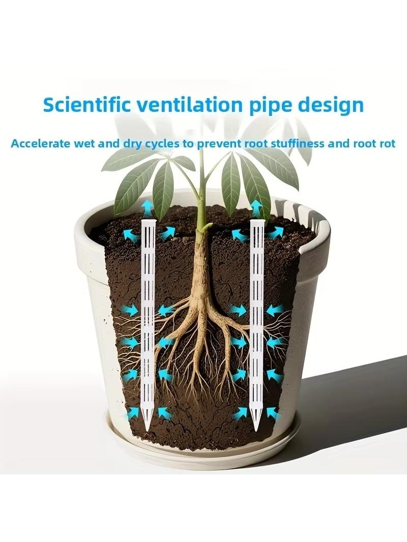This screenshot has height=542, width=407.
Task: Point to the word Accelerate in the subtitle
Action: (41, 143)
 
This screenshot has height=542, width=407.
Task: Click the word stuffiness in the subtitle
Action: (297, 143)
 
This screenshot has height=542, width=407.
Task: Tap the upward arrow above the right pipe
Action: (256, 208)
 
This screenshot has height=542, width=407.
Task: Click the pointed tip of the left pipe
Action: (147, 431)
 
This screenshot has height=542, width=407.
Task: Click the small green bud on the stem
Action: (208, 226)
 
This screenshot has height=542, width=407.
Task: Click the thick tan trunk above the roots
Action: (200, 266)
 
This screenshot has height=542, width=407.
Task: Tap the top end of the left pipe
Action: (149, 220)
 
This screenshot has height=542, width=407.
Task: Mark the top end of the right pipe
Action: (257, 220)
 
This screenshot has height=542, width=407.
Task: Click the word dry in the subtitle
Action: (131, 144)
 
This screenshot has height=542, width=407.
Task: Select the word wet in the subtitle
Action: (84, 144)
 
